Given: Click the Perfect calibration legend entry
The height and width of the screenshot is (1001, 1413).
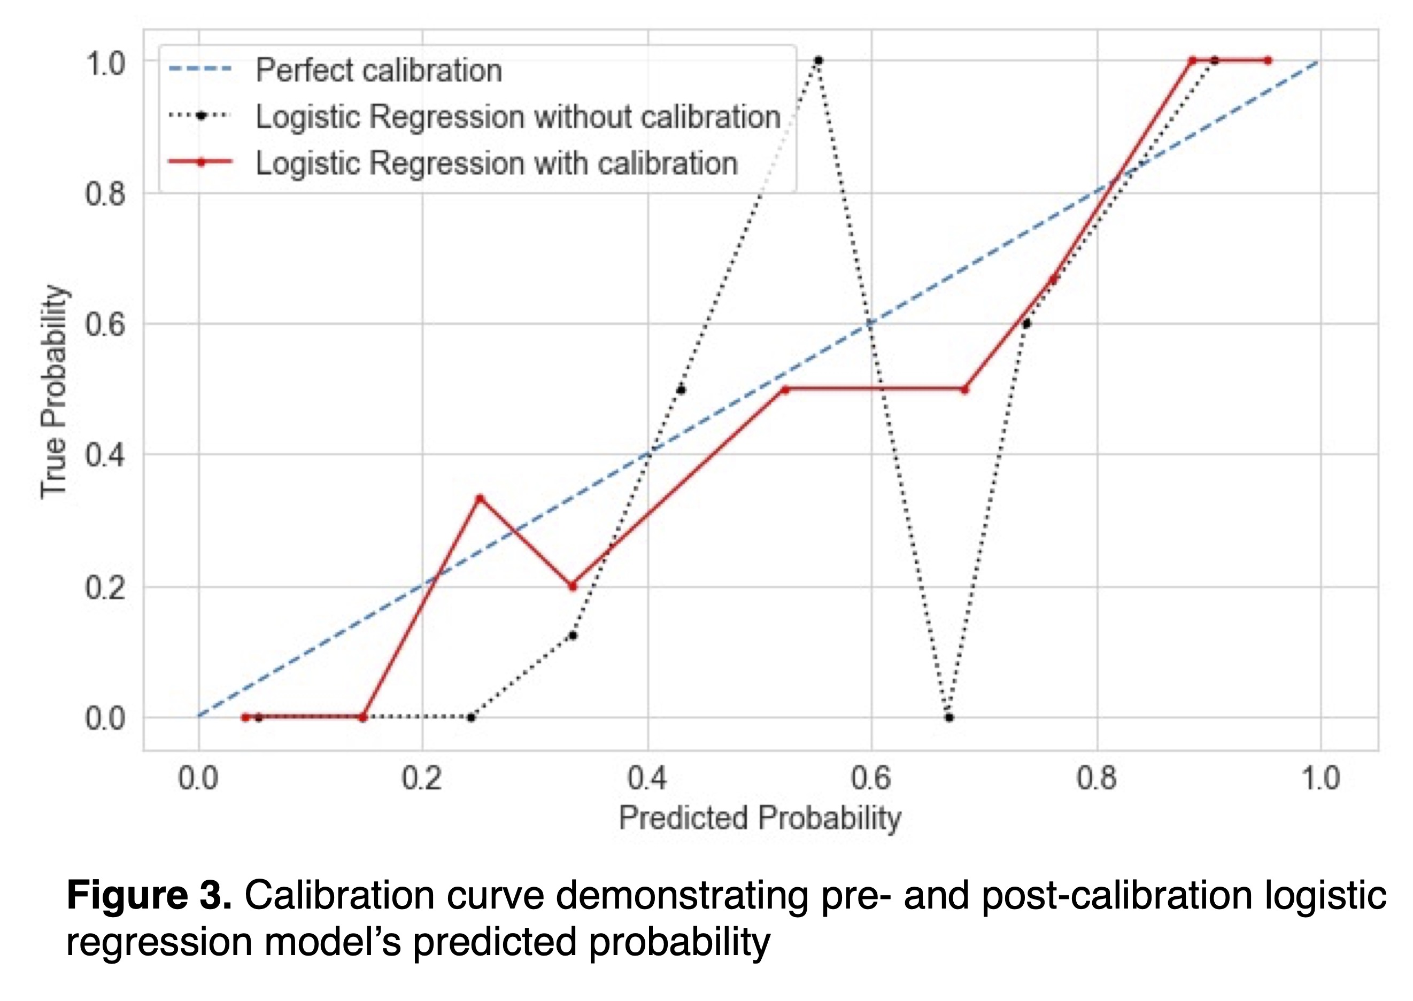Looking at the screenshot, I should pos(378,69).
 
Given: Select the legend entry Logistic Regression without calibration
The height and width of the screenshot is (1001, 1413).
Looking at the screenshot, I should pos(518,117).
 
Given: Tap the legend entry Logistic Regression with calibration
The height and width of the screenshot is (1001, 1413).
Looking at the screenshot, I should pos(496,164).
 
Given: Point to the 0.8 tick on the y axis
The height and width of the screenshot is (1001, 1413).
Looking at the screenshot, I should pos(105,193).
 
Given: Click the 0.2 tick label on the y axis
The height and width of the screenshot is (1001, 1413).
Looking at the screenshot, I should pos(105,587).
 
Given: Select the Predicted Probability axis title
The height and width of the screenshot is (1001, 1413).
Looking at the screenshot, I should pos(760,819).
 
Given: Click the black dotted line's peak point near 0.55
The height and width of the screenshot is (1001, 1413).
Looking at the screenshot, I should pos(819,60).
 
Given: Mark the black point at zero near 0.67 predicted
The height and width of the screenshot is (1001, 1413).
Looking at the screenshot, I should pos(949,717).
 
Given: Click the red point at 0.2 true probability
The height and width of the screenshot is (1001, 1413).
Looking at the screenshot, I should pos(573,586).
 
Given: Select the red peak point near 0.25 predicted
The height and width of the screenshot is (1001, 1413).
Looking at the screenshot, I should pos(480,498).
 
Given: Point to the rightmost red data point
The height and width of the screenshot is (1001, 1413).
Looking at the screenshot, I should pos(1268,60).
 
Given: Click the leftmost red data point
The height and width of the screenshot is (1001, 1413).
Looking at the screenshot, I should pos(245,717).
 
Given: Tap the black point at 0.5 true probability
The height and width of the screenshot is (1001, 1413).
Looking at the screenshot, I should pos(681,390).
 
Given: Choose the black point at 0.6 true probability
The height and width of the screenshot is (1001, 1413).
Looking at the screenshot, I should pos(1026,323).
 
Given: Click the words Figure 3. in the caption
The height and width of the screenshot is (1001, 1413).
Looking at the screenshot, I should pos(149,896).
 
